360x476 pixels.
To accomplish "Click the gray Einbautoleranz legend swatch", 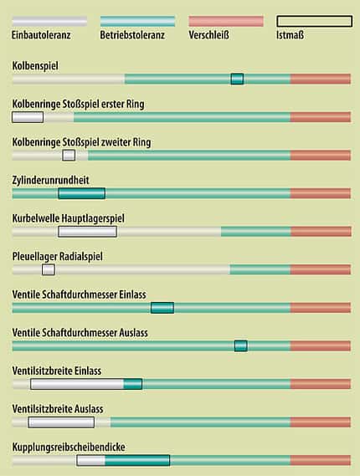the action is (49, 21).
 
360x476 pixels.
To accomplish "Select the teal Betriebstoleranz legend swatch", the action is (137, 21).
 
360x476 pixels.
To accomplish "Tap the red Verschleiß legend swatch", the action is (226, 21).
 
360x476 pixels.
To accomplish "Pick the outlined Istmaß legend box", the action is (315, 21).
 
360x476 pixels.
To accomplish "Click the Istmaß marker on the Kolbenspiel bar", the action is (237, 79).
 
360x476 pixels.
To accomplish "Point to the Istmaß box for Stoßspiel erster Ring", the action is (28, 117).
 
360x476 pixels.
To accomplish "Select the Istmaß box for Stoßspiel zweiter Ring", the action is (69, 155).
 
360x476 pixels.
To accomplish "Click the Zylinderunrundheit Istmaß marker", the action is (82, 193).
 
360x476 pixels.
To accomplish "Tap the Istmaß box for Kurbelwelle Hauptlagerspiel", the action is (88, 232).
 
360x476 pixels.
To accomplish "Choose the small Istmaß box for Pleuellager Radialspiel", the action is (49, 269).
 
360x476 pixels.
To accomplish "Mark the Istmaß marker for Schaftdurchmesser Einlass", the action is (162, 308).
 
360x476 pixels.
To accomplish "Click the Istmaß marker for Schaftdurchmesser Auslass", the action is (241, 345).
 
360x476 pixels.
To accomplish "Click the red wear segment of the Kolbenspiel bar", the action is (321, 79).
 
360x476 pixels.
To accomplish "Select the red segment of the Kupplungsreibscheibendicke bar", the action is (321, 460).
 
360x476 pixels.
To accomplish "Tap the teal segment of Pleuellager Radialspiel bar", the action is (260, 269).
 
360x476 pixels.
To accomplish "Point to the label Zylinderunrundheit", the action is (51, 181).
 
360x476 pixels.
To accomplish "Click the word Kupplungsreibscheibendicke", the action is (69, 448).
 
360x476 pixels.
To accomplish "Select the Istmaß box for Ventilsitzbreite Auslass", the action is (61, 422).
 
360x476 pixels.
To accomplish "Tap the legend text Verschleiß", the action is (208, 35).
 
